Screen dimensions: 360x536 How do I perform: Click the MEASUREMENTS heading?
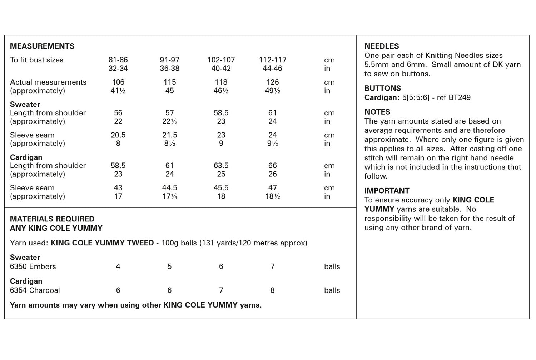coord(42,46)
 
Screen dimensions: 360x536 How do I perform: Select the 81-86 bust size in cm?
coord(118,60)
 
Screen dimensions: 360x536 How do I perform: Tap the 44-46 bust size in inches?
coord(273,69)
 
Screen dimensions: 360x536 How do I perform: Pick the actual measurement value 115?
coord(170,82)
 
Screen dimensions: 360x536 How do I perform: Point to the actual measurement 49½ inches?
coord(273,91)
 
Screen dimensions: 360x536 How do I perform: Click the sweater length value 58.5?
coord(221,113)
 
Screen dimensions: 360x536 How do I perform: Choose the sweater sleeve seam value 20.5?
coord(118,135)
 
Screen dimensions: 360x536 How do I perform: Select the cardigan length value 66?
coord(273,166)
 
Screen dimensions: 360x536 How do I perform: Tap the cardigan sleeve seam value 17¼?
coord(170,196)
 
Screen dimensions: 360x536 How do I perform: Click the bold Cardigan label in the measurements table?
coord(26,157)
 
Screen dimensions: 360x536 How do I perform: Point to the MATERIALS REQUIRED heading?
coord(52,219)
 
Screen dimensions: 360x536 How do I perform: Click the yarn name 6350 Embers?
coord(33,266)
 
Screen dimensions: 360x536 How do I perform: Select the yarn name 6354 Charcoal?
coord(35,290)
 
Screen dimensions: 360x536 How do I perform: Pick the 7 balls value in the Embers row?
coord(273,266)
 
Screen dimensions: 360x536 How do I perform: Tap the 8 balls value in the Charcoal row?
coord(273,290)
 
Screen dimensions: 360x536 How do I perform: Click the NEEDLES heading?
coord(382,46)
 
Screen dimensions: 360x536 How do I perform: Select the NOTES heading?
coord(377,112)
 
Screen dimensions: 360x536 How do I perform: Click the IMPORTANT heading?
coord(387,191)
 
